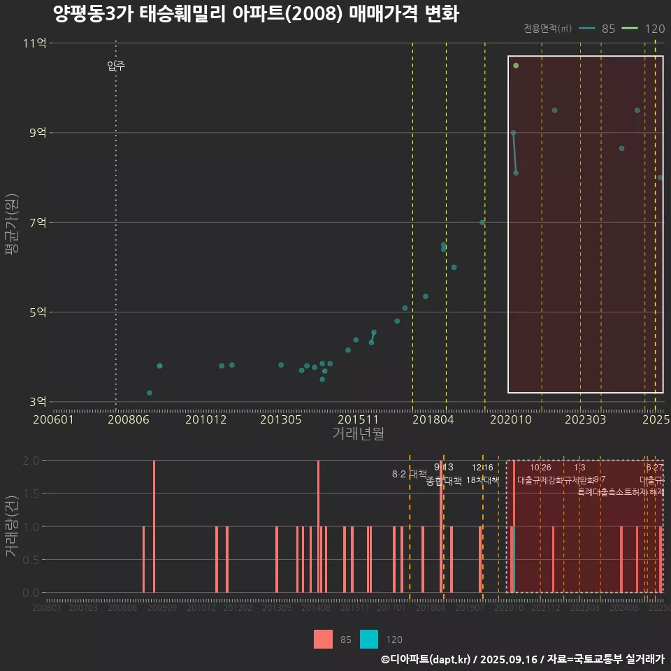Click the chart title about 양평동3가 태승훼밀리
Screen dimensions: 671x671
coord(256,14)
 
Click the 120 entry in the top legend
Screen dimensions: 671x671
coord(654,29)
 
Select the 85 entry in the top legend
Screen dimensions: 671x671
coord(608,29)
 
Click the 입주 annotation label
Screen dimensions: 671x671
coord(116,66)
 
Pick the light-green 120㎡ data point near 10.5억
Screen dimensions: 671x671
coord(516,66)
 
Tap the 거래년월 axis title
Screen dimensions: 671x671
coord(358,434)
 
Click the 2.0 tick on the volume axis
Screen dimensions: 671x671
coord(31,461)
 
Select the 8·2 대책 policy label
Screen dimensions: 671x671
coord(409,474)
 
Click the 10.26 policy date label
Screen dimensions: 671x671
coord(540,468)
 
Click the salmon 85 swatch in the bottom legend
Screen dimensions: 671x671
coord(323,639)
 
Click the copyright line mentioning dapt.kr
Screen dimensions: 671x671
coord(522,659)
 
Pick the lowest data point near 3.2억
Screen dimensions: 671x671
coord(150,393)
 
